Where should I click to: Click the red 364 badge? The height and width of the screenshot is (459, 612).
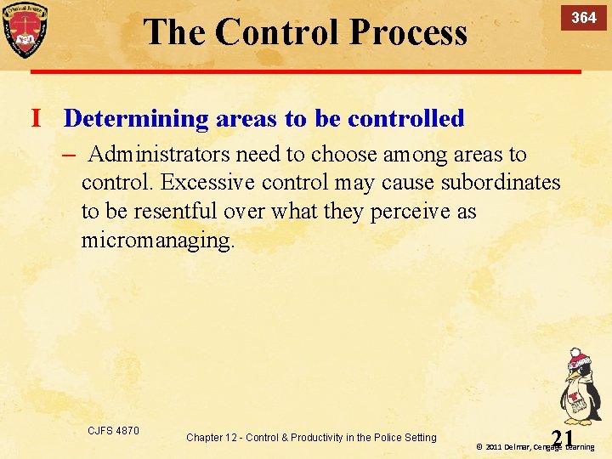pos(583,18)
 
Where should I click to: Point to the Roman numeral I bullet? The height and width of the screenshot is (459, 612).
pos(37,118)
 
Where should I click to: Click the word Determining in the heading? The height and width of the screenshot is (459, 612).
pos(136,118)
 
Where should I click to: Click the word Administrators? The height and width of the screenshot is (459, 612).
pos(159,155)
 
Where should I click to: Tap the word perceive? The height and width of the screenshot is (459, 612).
pos(411,211)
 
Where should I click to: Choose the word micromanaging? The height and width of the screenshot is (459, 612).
pos(156,240)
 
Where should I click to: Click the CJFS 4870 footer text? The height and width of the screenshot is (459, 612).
pos(113,431)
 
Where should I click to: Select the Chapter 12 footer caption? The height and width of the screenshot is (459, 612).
pos(311,438)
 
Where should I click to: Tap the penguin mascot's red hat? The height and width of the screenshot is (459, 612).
pos(578,358)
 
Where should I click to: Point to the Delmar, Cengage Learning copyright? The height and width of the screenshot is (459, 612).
pos(535,446)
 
